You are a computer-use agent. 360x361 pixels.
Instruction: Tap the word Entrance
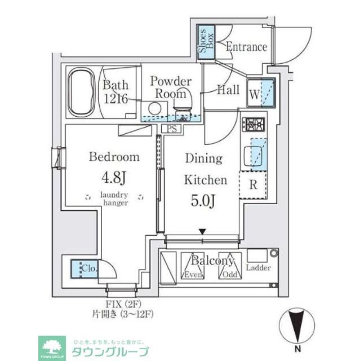coord(246,47)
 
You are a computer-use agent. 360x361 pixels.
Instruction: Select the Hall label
coord(228,90)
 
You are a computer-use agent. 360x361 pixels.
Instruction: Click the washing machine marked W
coord(261,92)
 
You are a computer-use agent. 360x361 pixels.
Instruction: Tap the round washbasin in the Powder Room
coord(154,108)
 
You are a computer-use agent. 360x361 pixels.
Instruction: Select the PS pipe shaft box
coord(171,129)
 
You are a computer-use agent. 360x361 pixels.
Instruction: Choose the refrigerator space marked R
coord(253,185)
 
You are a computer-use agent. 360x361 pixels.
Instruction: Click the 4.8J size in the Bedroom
coord(114,179)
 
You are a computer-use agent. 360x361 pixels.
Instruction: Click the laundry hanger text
coord(114,199)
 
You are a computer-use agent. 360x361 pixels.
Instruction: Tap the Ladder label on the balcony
coord(259,268)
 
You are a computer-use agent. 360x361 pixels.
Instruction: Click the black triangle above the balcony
coord(202,231)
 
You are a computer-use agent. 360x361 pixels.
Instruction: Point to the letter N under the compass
coord(296,349)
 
